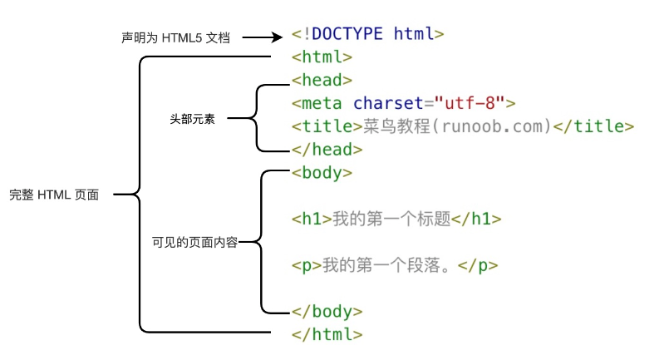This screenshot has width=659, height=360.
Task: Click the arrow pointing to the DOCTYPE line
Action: (x=264, y=37)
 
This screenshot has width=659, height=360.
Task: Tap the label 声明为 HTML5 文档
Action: (x=175, y=37)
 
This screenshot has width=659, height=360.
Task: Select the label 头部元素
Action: (x=192, y=118)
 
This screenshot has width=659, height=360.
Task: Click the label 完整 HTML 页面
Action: (x=54, y=195)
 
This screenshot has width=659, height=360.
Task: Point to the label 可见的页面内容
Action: (x=194, y=243)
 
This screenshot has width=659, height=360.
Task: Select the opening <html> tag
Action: (x=322, y=57)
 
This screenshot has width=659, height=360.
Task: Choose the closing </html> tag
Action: (x=327, y=334)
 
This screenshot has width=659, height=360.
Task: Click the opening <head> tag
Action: (x=322, y=81)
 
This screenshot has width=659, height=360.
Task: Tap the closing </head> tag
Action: (x=327, y=150)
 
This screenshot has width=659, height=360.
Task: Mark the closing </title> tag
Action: (x=594, y=126)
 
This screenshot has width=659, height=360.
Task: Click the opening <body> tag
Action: (x=322, y=173)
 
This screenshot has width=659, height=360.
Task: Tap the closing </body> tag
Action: (x=327, y=312)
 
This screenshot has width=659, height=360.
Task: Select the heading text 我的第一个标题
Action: (x=391, y=219)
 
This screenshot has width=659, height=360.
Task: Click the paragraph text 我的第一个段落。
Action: (x=390, y=266)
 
